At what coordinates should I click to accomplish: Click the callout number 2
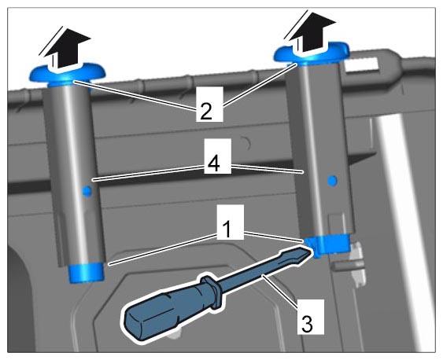click(x=206, y=111)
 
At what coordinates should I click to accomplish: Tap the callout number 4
click(x=213, y=163)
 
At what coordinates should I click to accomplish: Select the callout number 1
click(x=227, y=229)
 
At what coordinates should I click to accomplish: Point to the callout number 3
click(x=307, y=324)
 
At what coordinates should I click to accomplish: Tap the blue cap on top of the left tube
click(x=68, y=75)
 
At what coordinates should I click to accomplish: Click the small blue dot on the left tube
click(x=87, y=191)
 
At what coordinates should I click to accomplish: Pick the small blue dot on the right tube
click(x=332, y=180)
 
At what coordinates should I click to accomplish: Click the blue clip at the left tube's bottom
click(x=87, y=272)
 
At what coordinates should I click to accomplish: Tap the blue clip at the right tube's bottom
click(x=328, y=245)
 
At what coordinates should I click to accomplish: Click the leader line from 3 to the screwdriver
click(x=280, y=291)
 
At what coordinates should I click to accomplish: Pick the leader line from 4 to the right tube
click(x=268, y=168)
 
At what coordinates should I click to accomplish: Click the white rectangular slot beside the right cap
click(x=361, y=64)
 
